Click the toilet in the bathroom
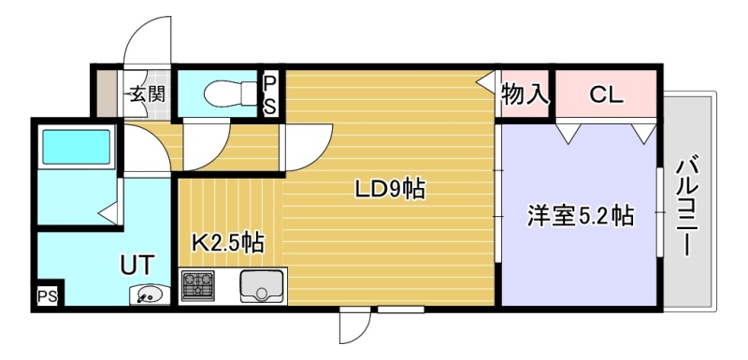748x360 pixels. coord(230,94)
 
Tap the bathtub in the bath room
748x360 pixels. coord(77,148)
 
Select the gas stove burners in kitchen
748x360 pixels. coord(198,285)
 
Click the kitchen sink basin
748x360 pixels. coord(263,286)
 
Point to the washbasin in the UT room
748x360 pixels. coord(150,295)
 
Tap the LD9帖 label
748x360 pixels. coord(390,190)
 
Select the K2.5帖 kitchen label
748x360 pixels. coord(228,243)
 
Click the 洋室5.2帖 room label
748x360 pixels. coord(581,216)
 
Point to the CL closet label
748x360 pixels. coord(606,94)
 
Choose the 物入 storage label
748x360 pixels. coord(525,94)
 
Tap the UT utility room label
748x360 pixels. coord(137,266)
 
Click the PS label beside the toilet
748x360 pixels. coord(270,94)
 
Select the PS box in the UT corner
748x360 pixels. coord(48,296)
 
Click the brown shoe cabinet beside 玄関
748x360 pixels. coord(107,94)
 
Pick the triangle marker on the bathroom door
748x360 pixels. coord(108,212)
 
